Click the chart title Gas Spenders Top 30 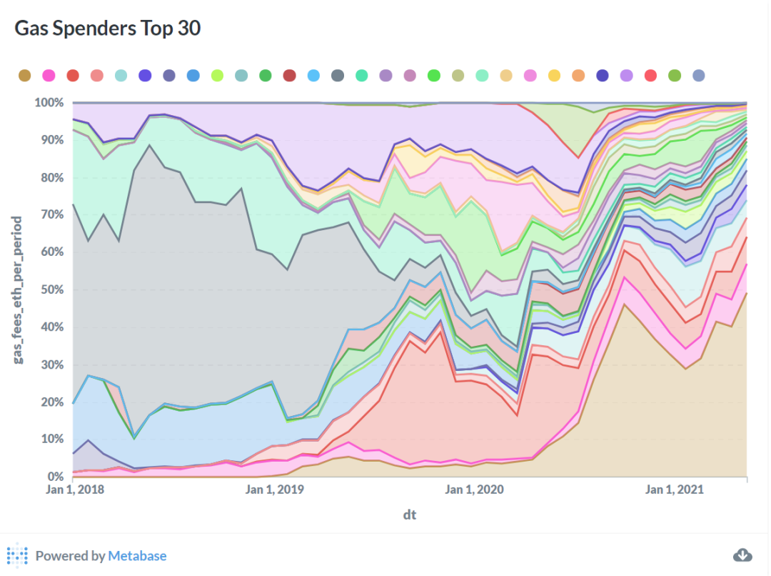[x=108, y=29]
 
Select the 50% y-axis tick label [x=51, y=289]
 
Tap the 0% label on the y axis [x=55, y=477]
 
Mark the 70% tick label [x=51, y=215]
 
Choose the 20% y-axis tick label [x=51, y=402]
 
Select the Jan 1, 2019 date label [x=275, y=490]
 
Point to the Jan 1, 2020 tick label [x=475, y=490]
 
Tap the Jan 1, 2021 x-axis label [x=675, y=490]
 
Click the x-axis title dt [x=409, y=515]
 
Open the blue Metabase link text [x=137, y=556]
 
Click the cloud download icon [x=743, y=555]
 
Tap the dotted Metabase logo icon [x=17, y=555]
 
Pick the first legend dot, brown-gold [x=24, y=76]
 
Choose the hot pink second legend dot [x=49, y=76]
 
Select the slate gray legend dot [x=338, y=76]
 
